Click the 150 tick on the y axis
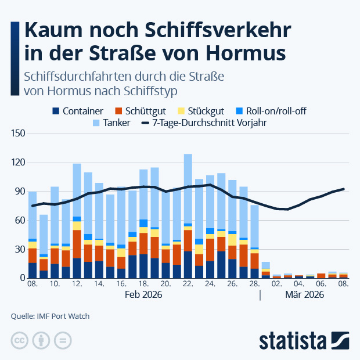tap(17, 134)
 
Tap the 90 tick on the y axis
tap(19, 192)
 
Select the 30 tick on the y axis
tap(19, 249)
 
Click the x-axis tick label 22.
tap(188, 285)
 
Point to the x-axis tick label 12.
tap(77, 285)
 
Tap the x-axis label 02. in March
tap(276, 285)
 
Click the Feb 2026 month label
tap(143, 295)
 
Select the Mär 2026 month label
tap(305, 295)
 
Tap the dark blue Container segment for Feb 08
tap(33, 271)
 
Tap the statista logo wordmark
tap(293, 339)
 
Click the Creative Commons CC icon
tap(20, 340)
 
